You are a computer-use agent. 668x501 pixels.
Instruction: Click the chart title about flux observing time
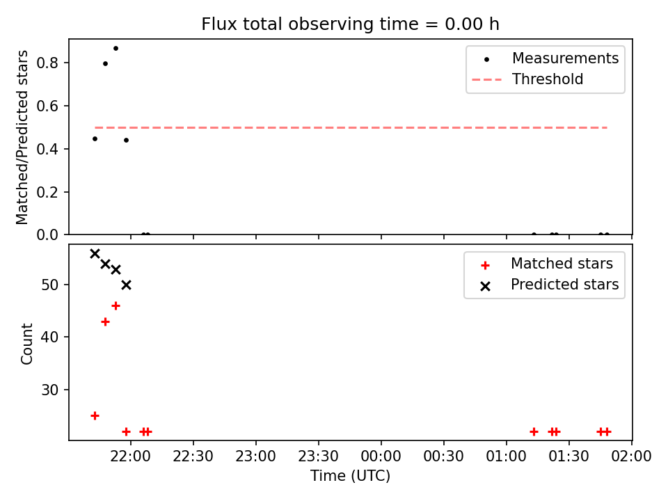pos(350,24)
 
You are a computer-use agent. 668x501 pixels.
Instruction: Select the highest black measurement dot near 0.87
pos(116,49)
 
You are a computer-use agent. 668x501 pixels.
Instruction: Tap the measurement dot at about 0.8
pos(105,64)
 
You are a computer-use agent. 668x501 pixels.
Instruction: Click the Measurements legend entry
pos(546,58)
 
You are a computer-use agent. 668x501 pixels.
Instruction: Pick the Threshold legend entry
pos(527,79)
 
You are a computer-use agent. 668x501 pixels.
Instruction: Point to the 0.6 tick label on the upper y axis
pos(47,106)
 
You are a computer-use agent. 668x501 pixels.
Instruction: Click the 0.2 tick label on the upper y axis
pos(47,192)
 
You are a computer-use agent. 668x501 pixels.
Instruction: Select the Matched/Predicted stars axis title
pos(22,137)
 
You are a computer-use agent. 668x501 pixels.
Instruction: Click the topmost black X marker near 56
pos(95,254)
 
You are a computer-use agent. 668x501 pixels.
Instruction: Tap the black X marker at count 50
pos(126,285)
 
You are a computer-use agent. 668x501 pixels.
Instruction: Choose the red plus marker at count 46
pos(116,306)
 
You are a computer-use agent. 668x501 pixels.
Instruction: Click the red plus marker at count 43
pos(105,321)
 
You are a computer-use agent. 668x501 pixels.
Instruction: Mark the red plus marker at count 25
pos(95,416)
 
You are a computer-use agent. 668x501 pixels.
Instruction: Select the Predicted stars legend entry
pos(549,285)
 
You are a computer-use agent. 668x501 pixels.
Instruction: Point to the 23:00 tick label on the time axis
pos(255,456)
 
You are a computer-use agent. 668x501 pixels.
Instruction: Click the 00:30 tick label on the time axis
pos(443,456)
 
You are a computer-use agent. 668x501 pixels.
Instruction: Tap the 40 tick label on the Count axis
pos(49,337)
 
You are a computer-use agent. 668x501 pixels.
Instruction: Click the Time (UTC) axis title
pos(350,475)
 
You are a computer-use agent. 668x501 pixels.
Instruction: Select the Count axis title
pos(26,344)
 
